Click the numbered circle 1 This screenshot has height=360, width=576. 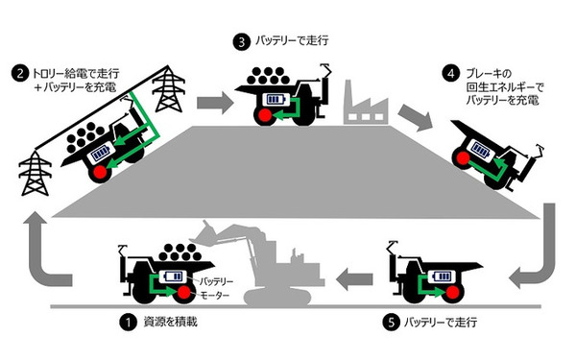(129, 323)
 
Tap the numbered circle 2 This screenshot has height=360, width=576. (20, 74)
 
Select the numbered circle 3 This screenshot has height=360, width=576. (241, 42)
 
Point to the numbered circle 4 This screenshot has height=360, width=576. (451, 74)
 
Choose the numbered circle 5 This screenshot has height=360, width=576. (392, 323)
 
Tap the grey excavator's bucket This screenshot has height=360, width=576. (204, 233)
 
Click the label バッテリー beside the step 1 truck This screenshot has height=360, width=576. (216, 281)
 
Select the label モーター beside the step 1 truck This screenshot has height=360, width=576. (214, 295)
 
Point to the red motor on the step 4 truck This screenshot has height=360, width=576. (464, 158)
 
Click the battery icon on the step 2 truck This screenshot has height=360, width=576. (100, 153)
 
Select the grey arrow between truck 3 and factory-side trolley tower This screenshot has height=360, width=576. (214, 103)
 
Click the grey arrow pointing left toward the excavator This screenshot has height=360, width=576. (354, 278)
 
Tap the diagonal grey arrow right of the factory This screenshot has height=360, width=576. (415, 118)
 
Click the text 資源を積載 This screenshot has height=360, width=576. (171, 323)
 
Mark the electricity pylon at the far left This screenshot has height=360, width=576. (36, 173)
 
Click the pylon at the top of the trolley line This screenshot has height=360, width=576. (169, 89)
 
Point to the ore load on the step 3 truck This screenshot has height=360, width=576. (268, 77)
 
